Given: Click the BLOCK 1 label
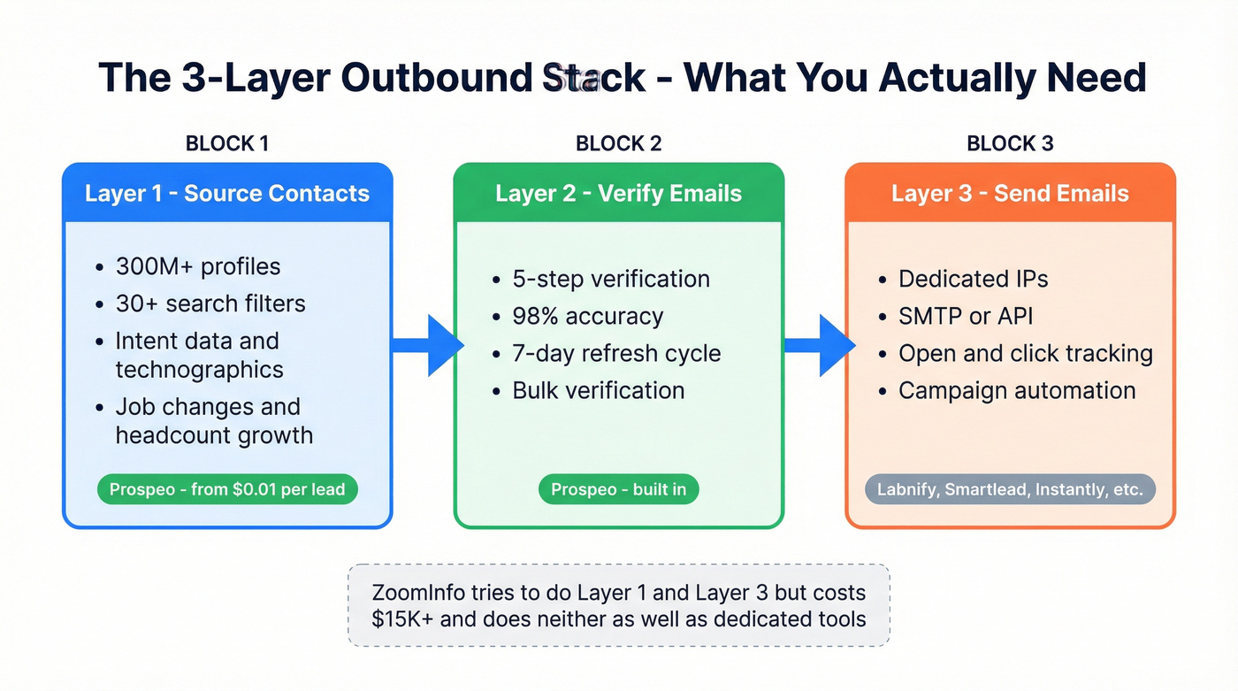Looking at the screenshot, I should tap(226, 143).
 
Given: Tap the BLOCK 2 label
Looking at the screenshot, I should tap(618, 143).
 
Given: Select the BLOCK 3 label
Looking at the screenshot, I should tap(1010, 143).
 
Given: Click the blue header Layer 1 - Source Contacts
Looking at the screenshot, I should tap(227, 193).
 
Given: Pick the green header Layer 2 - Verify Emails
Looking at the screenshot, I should tap(618, 193).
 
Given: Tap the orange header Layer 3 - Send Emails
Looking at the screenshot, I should tap(1010, 193).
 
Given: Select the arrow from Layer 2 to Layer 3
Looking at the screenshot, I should tap(819, 345).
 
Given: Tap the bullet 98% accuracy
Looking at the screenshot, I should tap(587, 316).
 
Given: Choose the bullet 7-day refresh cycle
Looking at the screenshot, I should tap(616, 354).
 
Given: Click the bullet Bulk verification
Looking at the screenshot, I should tap(598, 390).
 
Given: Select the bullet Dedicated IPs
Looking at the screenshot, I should tap(973, 279).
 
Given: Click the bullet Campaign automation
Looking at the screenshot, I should tap(1017, 390).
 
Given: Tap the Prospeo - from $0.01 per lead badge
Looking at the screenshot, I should tap(227, 489).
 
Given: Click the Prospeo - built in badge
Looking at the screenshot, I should tap(618, 489).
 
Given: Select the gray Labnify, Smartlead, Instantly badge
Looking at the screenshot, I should tap(1010, 489).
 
